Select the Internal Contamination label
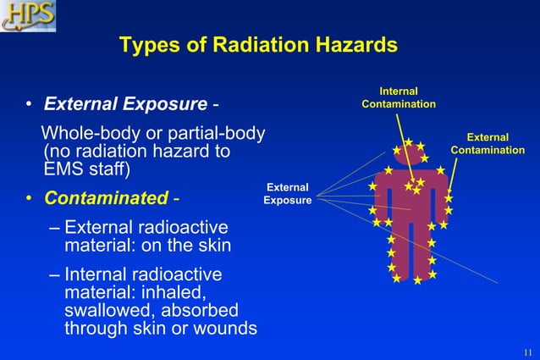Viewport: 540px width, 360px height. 398,97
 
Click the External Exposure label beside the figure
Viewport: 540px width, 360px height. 287,194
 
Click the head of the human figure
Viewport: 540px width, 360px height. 411,157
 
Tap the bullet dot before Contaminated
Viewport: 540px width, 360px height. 28,199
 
